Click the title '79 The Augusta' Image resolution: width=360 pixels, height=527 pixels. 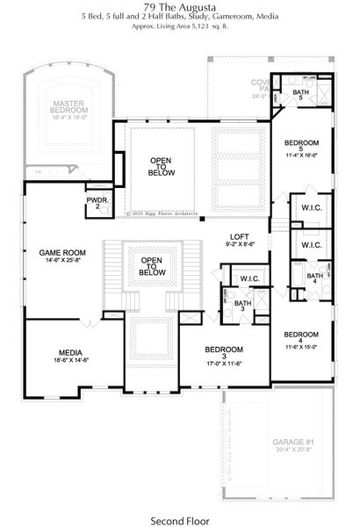(179, 6)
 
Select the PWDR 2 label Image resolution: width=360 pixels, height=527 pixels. (97, 204)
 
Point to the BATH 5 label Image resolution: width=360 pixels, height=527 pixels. (300, 96)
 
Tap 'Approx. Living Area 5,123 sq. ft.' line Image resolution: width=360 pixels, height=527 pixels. (179, 28)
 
